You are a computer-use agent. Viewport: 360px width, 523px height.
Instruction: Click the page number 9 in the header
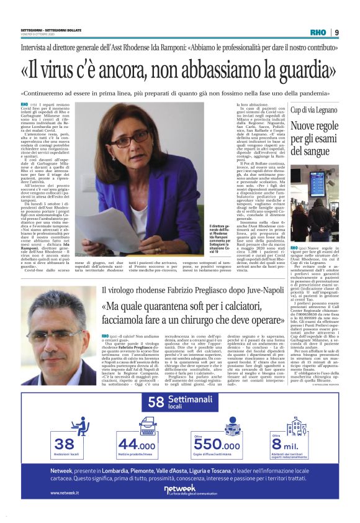[x=337, y=32]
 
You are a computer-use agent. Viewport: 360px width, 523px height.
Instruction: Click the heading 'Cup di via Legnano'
[x=315, y=109]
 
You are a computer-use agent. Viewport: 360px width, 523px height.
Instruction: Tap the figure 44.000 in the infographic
[x=137, y=445]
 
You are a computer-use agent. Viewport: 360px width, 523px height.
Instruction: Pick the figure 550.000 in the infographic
[x=217, y=445]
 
